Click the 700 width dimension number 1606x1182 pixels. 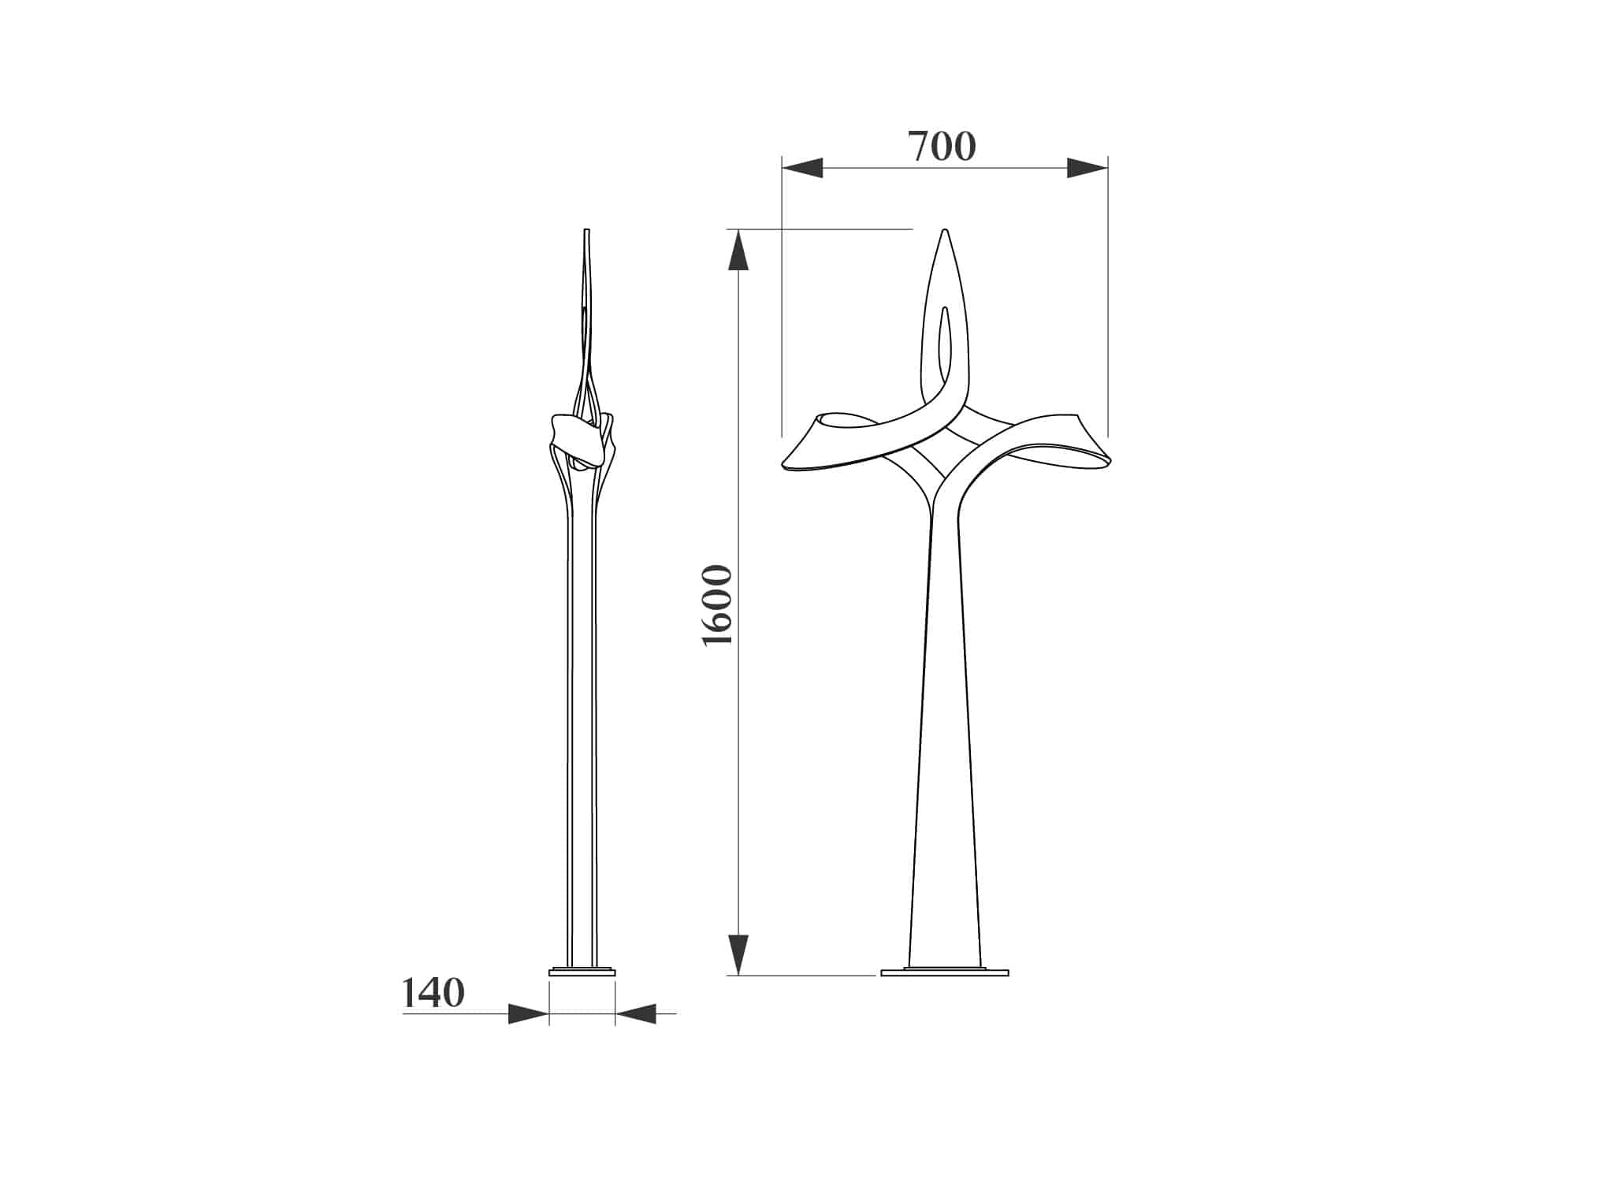coord(942,147)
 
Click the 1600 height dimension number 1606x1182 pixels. coord(717,604)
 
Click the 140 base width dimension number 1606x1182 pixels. coord(433,993)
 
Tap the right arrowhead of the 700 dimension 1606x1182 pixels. coord(1087,168)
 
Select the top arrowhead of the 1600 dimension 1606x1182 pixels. coord(738,250)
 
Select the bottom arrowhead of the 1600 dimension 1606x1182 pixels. coord(738,955)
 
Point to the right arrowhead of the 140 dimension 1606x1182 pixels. coord(635,1013)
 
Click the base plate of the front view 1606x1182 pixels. coord(944,972)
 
